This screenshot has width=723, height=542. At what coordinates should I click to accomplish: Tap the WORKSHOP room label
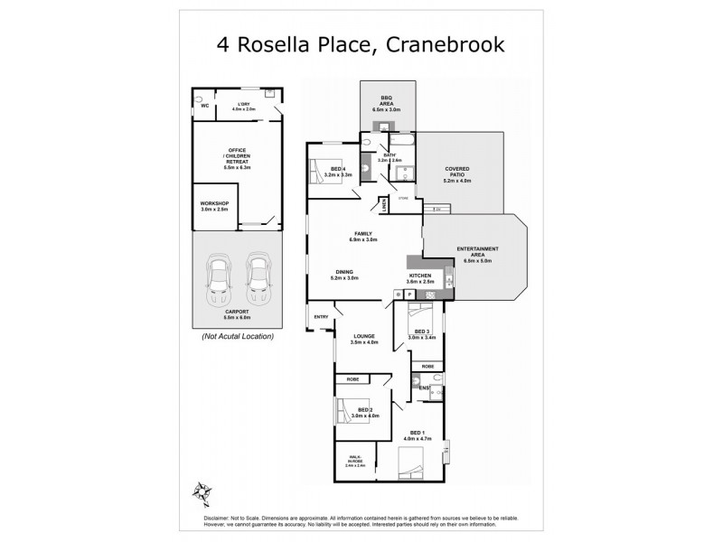pyautogui.click(x=213, y=207)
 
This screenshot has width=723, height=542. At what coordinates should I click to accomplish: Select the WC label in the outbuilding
pyautogui.click(x=204, y=106)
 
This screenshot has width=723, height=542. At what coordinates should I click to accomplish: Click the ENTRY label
pyautogui.click(x=321, y=316)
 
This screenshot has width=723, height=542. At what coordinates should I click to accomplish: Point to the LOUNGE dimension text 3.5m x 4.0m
pyautogui.click(x=364, y=342)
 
